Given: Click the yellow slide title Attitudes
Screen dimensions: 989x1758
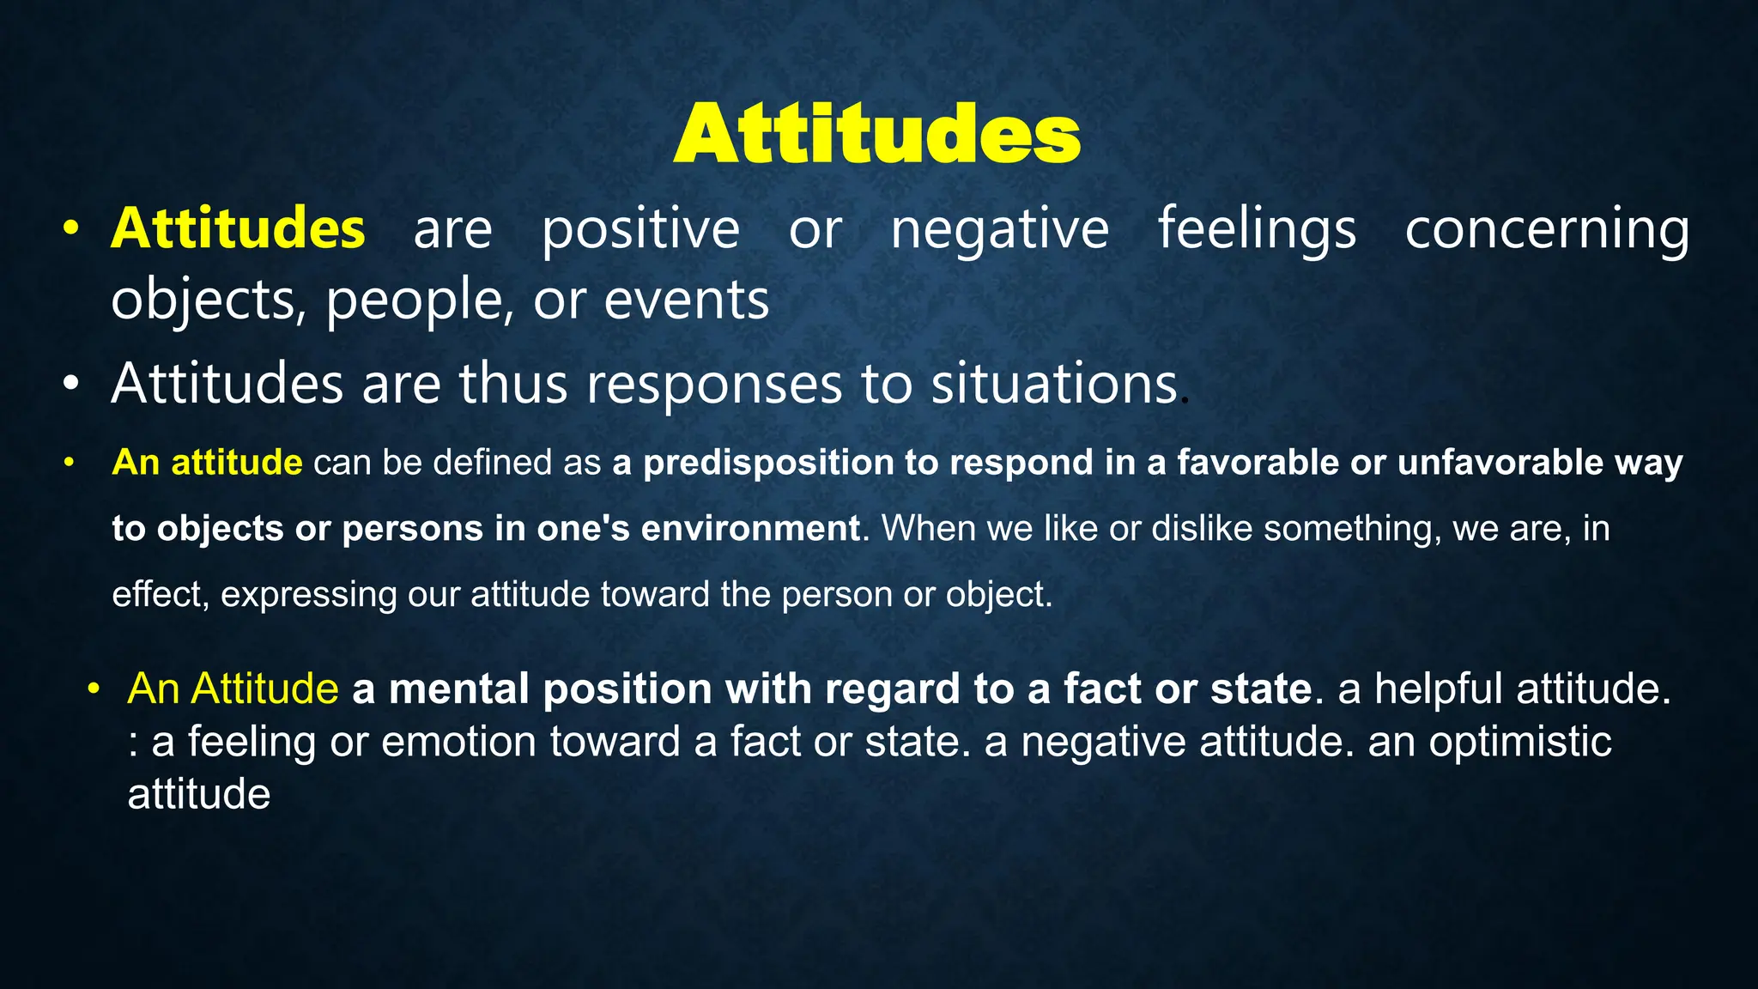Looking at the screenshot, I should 876,134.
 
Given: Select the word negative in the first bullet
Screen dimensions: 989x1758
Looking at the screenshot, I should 999,230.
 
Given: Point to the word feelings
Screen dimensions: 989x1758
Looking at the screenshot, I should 1257,230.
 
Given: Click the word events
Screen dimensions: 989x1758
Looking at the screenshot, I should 686,300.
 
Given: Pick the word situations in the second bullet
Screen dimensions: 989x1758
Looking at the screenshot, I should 1054,384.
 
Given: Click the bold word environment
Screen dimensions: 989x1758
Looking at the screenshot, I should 750,528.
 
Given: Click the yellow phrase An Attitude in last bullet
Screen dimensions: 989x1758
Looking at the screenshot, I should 233,689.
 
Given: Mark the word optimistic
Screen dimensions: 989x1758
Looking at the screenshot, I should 1519,742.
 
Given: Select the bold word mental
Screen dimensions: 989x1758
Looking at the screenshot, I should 458,689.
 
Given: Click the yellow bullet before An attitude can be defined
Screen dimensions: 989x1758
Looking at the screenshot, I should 69,463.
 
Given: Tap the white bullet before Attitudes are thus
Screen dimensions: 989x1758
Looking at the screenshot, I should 70,384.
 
